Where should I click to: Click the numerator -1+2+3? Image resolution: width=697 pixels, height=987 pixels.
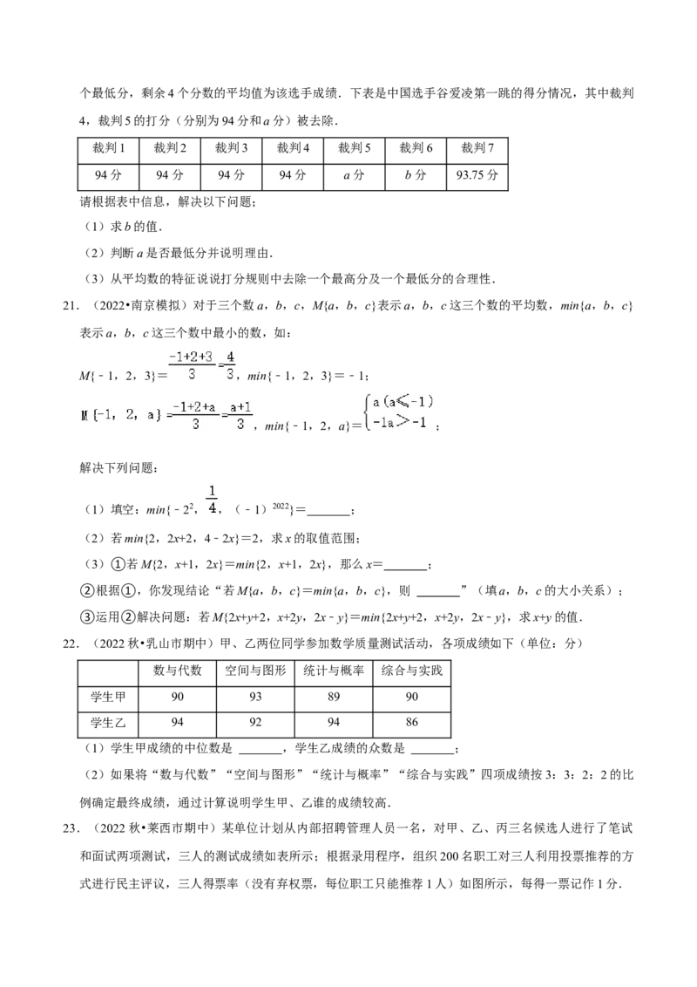[x=190, y=356]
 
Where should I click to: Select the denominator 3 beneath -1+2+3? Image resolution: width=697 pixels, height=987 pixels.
[x=191, y=375]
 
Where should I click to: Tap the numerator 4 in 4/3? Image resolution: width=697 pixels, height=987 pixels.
[x=230, y=356]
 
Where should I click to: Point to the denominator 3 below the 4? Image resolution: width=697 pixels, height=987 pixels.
[x=230, y=375]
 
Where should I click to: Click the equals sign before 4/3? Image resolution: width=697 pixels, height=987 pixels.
[x=220, y=365]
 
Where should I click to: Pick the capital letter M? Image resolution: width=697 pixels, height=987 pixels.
[x=85, y=415]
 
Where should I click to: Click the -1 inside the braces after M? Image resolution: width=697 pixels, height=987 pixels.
[x=106, y=415]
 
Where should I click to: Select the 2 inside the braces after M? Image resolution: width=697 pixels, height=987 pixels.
[x=130, y=415]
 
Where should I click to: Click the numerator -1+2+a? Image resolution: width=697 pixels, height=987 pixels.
[x=194, y=406]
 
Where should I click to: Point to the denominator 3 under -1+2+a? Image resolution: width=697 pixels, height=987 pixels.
[x=195, y=425]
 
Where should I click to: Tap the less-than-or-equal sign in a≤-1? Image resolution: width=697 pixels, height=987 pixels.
[x=402, y=402]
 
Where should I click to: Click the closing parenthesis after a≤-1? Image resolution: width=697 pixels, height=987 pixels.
[x=430, y=402]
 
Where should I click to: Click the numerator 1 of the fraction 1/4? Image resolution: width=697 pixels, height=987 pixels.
[x=212, y=489]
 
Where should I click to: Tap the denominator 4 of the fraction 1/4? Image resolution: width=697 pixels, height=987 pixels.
[x=212, y=507]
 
